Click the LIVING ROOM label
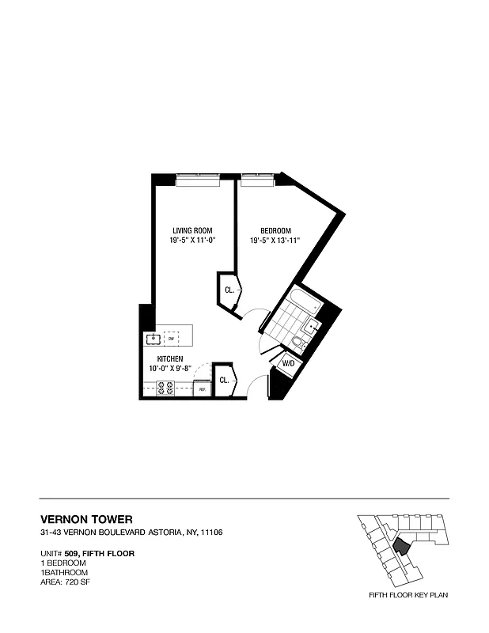coord(188,230)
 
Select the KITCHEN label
coord(169,359)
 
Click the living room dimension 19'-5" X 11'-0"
coord(188,240)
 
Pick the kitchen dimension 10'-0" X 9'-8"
coord(169,368)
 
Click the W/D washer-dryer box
coord(288,364)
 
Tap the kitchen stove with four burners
coord(166,388)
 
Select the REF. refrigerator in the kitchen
coord(202,389)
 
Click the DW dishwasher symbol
coord(170,338)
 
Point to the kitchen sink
coord(153,339)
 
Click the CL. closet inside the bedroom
coord(229,290)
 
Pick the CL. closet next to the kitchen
coord(224,380)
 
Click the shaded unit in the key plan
coord(402,545)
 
